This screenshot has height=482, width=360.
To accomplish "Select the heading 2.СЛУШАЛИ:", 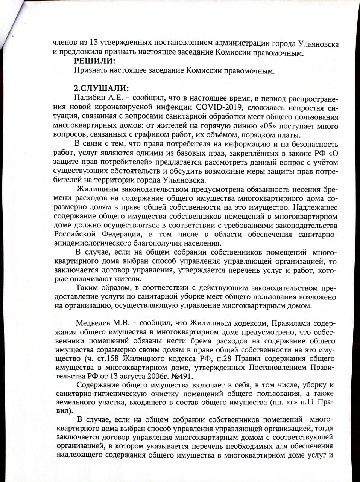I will click(x=102, y=89).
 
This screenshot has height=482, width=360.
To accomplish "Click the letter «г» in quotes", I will click(x=291, y=403).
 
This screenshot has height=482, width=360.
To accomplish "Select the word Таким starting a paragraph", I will click(x=87, y=288).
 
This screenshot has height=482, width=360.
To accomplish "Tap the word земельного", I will click(x=74, y=403).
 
